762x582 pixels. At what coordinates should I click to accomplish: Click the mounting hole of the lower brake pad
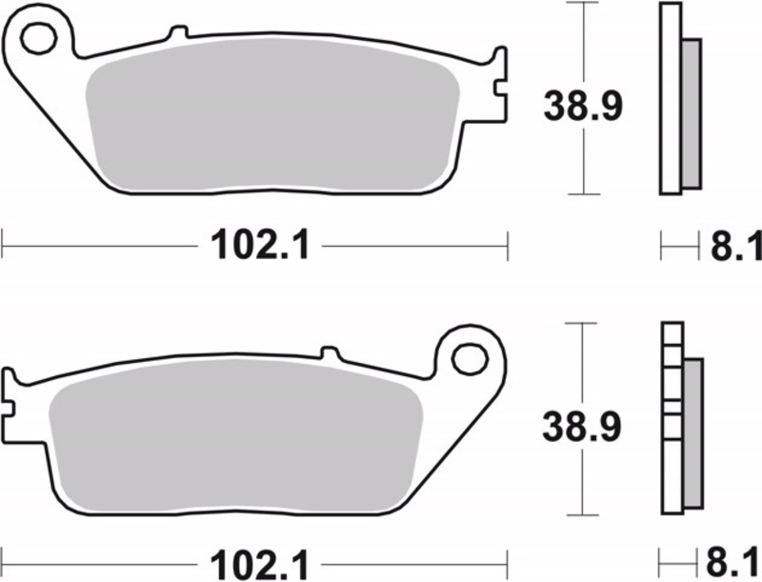pos(468,359)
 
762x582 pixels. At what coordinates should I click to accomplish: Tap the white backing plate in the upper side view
pos(670,100)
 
